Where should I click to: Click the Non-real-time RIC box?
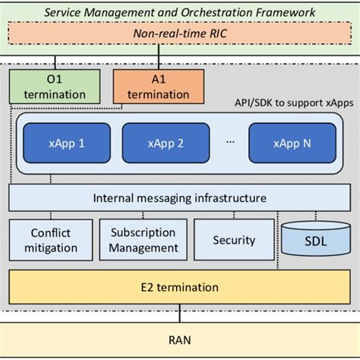click(179, 34)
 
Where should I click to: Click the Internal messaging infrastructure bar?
click(179, 198)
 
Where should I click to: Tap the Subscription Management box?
click(144, 240)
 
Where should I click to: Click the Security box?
click(233, 240)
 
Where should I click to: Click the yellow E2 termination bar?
click(179, 287)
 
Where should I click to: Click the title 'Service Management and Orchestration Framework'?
click(179, 12)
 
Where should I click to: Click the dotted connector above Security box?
click(233, 216)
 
